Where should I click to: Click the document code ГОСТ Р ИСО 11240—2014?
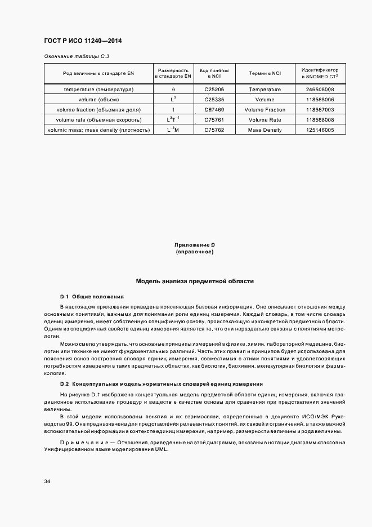click(82, 41)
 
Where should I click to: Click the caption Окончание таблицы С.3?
click(73, 57)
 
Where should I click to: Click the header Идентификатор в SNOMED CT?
click(320, 74)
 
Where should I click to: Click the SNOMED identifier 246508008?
click(320, 90)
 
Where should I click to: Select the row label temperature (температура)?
click(98, 90)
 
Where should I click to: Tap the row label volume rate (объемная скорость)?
click(98, 120)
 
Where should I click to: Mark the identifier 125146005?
click(320, 130)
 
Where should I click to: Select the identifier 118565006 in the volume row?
click(320, 100)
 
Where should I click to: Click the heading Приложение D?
click(195, 245)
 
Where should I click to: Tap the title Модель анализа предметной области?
click(195, 280)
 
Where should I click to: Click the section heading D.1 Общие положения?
click(92, 296)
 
